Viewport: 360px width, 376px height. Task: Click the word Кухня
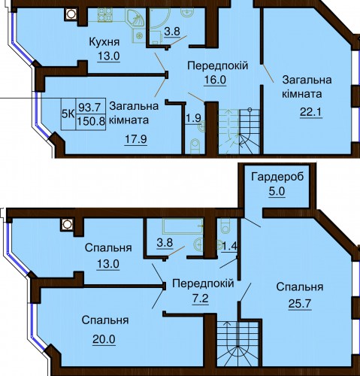pos(104,42)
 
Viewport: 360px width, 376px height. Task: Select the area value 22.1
pos(310,112)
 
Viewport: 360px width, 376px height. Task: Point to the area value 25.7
pos(300,304)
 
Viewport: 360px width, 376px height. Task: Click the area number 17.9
pos(136,139)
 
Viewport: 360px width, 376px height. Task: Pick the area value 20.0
pos(104,339)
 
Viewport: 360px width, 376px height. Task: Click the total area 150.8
pos(91,122)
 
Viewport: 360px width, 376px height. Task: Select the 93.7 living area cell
pos(89,108)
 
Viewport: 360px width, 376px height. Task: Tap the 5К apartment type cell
pos(68,114)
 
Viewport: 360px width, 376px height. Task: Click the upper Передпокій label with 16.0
pos(218,65)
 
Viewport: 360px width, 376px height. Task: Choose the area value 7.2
pos(201,299)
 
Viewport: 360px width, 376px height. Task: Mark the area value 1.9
pos(194,118)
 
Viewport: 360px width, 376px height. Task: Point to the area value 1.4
pos(229,247)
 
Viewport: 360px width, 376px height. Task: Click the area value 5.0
pos(277,192)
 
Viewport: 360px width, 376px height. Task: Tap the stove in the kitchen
pos(105,15)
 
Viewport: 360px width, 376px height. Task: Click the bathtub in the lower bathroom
pos(183,226)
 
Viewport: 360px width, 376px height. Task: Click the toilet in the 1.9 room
pos(195,147)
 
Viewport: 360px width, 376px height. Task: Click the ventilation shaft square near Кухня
pos(71,14)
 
